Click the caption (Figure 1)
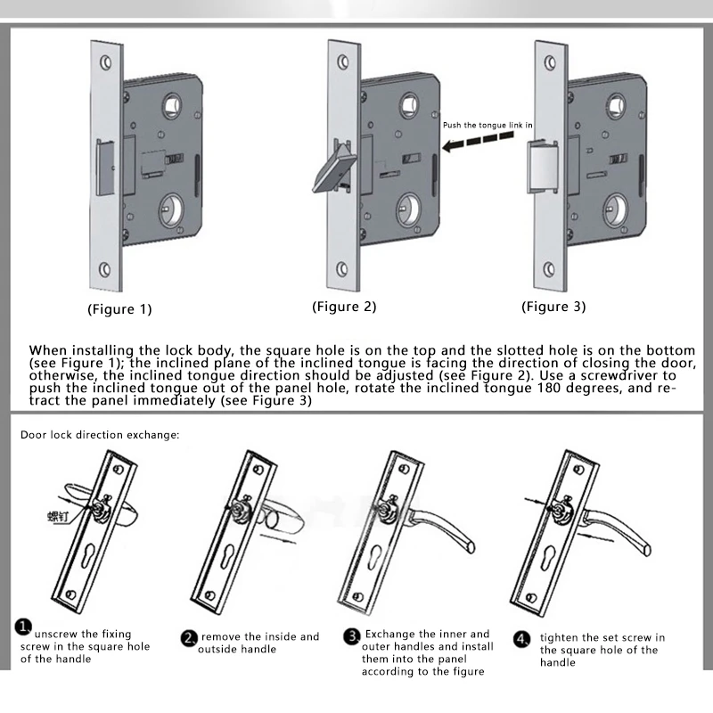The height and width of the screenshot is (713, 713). click(x=119, y=310)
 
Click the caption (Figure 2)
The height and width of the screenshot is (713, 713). click(x=344, y=307)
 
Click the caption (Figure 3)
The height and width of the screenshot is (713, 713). click(x=553, y=307)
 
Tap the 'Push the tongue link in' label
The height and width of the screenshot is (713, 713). click(x=488, y=126)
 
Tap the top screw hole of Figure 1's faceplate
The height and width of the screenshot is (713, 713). click(x=105, y=63)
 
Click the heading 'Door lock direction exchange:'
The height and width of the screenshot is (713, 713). click(x=100, y=435)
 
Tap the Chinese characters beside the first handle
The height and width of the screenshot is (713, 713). click(x=61, y=515)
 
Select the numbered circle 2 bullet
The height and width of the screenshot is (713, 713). click(x=189, y=638)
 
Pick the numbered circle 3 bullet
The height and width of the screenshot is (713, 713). click(x=352, y=636)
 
